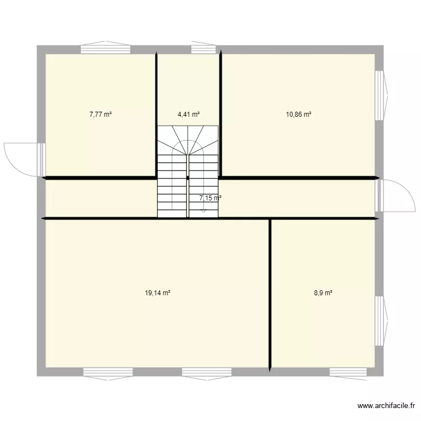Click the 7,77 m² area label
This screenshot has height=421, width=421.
(100, 115)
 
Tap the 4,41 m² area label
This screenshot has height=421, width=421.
(189, 115)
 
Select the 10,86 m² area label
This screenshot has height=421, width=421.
(299, 115)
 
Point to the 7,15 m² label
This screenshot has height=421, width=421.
(210, 198)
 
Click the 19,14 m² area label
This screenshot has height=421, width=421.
(158, 292)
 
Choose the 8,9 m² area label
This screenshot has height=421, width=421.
(323, 292)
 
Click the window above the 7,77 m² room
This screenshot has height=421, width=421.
(106, 48)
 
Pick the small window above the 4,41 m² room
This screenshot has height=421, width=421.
(199, 48)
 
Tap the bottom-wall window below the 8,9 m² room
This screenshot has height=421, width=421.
(348, 372)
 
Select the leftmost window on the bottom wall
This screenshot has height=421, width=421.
(108, 372)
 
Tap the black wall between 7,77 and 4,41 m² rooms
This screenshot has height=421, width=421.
(156, 115)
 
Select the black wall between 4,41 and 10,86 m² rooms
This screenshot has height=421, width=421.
(221, 115)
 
